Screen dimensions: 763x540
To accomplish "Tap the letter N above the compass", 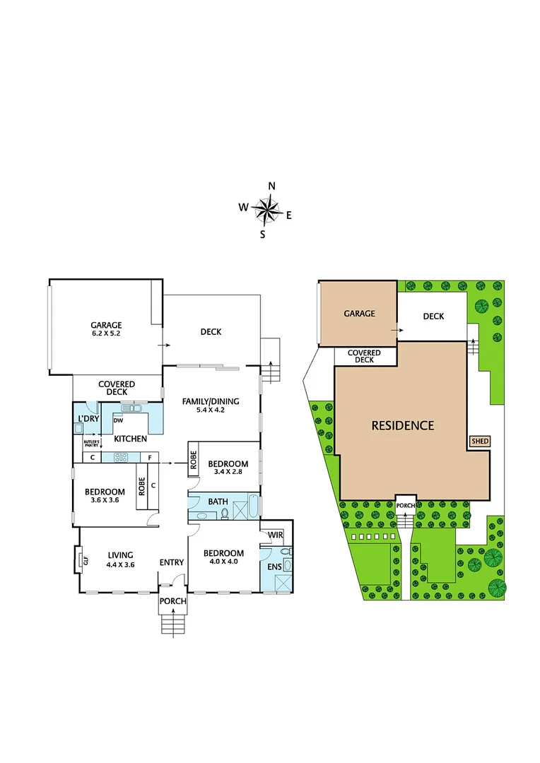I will tap(271, 187).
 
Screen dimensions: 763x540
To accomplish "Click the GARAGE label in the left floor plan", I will tap(106, 326).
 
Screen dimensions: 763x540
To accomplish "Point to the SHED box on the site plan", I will tap(481, 442).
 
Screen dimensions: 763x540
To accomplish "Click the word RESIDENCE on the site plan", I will tap(403, 425).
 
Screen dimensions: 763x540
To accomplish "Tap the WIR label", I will tap(276, 534).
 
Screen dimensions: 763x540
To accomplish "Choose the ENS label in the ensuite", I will tap(274, 567).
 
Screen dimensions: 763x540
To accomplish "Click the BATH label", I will tap(218, 502).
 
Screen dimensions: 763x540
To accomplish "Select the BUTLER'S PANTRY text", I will tap(91, 443).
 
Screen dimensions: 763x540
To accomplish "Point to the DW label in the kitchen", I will tap(119, 421).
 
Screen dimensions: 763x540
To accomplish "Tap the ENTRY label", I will tap(172, 562).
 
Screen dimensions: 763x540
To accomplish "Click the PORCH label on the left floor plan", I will tap(172, 601).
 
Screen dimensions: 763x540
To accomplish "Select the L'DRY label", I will tap(88, 419).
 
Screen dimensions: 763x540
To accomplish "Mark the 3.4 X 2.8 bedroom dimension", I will tap(225, 473).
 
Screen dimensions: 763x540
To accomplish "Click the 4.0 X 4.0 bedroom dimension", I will tap(223, 563).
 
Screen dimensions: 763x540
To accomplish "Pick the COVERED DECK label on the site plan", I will tap(363, 356).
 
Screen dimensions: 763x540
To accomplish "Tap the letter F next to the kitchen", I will tap(150, 458).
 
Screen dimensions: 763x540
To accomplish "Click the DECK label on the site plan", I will tap(433, 316).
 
